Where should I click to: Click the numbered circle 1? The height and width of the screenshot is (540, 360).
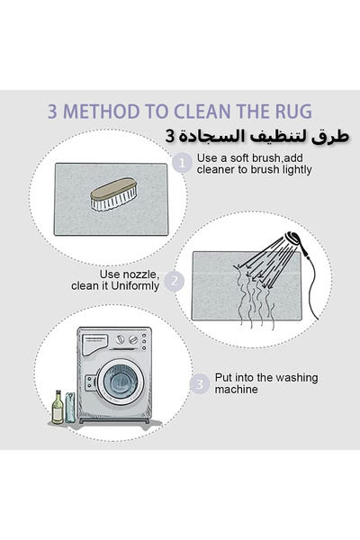pyautogui.click(x=182, y=163)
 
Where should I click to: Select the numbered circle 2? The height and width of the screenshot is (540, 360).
pyautogui.click(x=175, y=282)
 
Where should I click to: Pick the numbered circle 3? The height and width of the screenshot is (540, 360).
pyautogui.click(x=200, y=384)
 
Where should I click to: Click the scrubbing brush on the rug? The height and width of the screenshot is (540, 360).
pyautogui.click(x=113, y=193)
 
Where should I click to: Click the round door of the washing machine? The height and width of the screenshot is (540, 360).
pyautogui.click(x=121, y=382)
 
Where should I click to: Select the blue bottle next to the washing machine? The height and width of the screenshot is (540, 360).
pyautogui.click(x=70, y=408)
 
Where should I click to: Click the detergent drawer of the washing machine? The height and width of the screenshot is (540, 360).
pyautogui.click(x=94, y=344)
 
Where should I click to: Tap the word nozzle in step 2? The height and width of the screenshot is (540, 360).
pyautogui.click(x=141, y=274)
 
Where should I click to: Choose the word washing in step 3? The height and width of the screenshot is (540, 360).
pyautogui.click(x=297, y=378)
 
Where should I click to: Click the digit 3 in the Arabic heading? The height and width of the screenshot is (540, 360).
pyautogui.click(x=170, y=137)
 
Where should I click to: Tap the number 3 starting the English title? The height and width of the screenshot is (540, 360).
pyautogui.click(x=52, y=112)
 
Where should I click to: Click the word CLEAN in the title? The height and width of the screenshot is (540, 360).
pyautogui.click(x=202, y=112)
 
